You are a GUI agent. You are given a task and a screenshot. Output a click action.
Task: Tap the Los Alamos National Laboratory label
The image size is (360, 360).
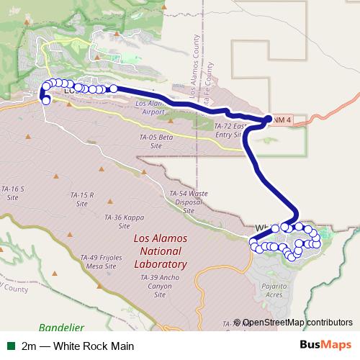pyautogui.click(x=161, y=251)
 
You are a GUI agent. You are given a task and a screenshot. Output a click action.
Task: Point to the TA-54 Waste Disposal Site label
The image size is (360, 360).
pyautogui.click(x=189, y=202)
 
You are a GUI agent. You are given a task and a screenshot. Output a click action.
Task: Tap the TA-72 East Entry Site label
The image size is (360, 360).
pyautogui.click(x=230, y=130)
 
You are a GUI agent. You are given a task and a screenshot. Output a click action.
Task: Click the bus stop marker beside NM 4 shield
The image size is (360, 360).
pyautogui.click(x=269, y=120)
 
